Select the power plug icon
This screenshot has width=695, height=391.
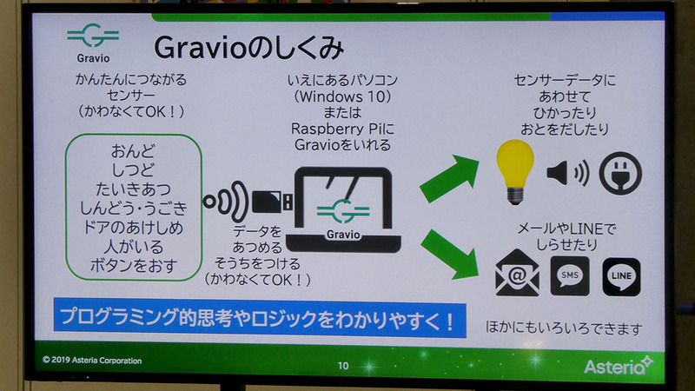click(621, 172)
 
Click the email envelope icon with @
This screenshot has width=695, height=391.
click(517, 276)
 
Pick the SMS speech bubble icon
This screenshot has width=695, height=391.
click(570, 276)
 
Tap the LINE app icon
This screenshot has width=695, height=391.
click(621, 276)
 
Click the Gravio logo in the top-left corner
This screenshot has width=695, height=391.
click(93, 43)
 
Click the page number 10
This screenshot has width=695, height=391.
click(343, 366)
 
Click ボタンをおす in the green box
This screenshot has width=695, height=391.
click(134, 265)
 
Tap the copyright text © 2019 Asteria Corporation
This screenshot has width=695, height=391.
click(92, 360)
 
